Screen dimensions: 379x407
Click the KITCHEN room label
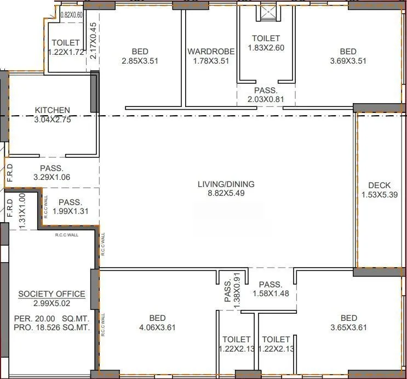52,110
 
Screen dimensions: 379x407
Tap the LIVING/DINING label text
226,184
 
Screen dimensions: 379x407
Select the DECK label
380,185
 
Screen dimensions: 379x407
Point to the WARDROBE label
211,52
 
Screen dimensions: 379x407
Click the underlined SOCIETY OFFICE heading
51,294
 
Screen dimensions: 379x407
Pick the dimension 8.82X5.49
226,194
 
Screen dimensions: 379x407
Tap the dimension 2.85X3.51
140,61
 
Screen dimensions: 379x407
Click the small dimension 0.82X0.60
71,15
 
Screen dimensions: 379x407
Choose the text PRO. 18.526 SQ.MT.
53,327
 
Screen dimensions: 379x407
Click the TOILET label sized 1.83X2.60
266,38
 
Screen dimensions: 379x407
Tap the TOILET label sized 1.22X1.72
66,43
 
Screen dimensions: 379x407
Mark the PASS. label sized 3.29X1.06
52,168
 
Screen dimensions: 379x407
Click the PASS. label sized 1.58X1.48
271,285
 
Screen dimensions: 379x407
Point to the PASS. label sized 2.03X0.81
266,90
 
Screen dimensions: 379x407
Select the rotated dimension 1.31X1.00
22,211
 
